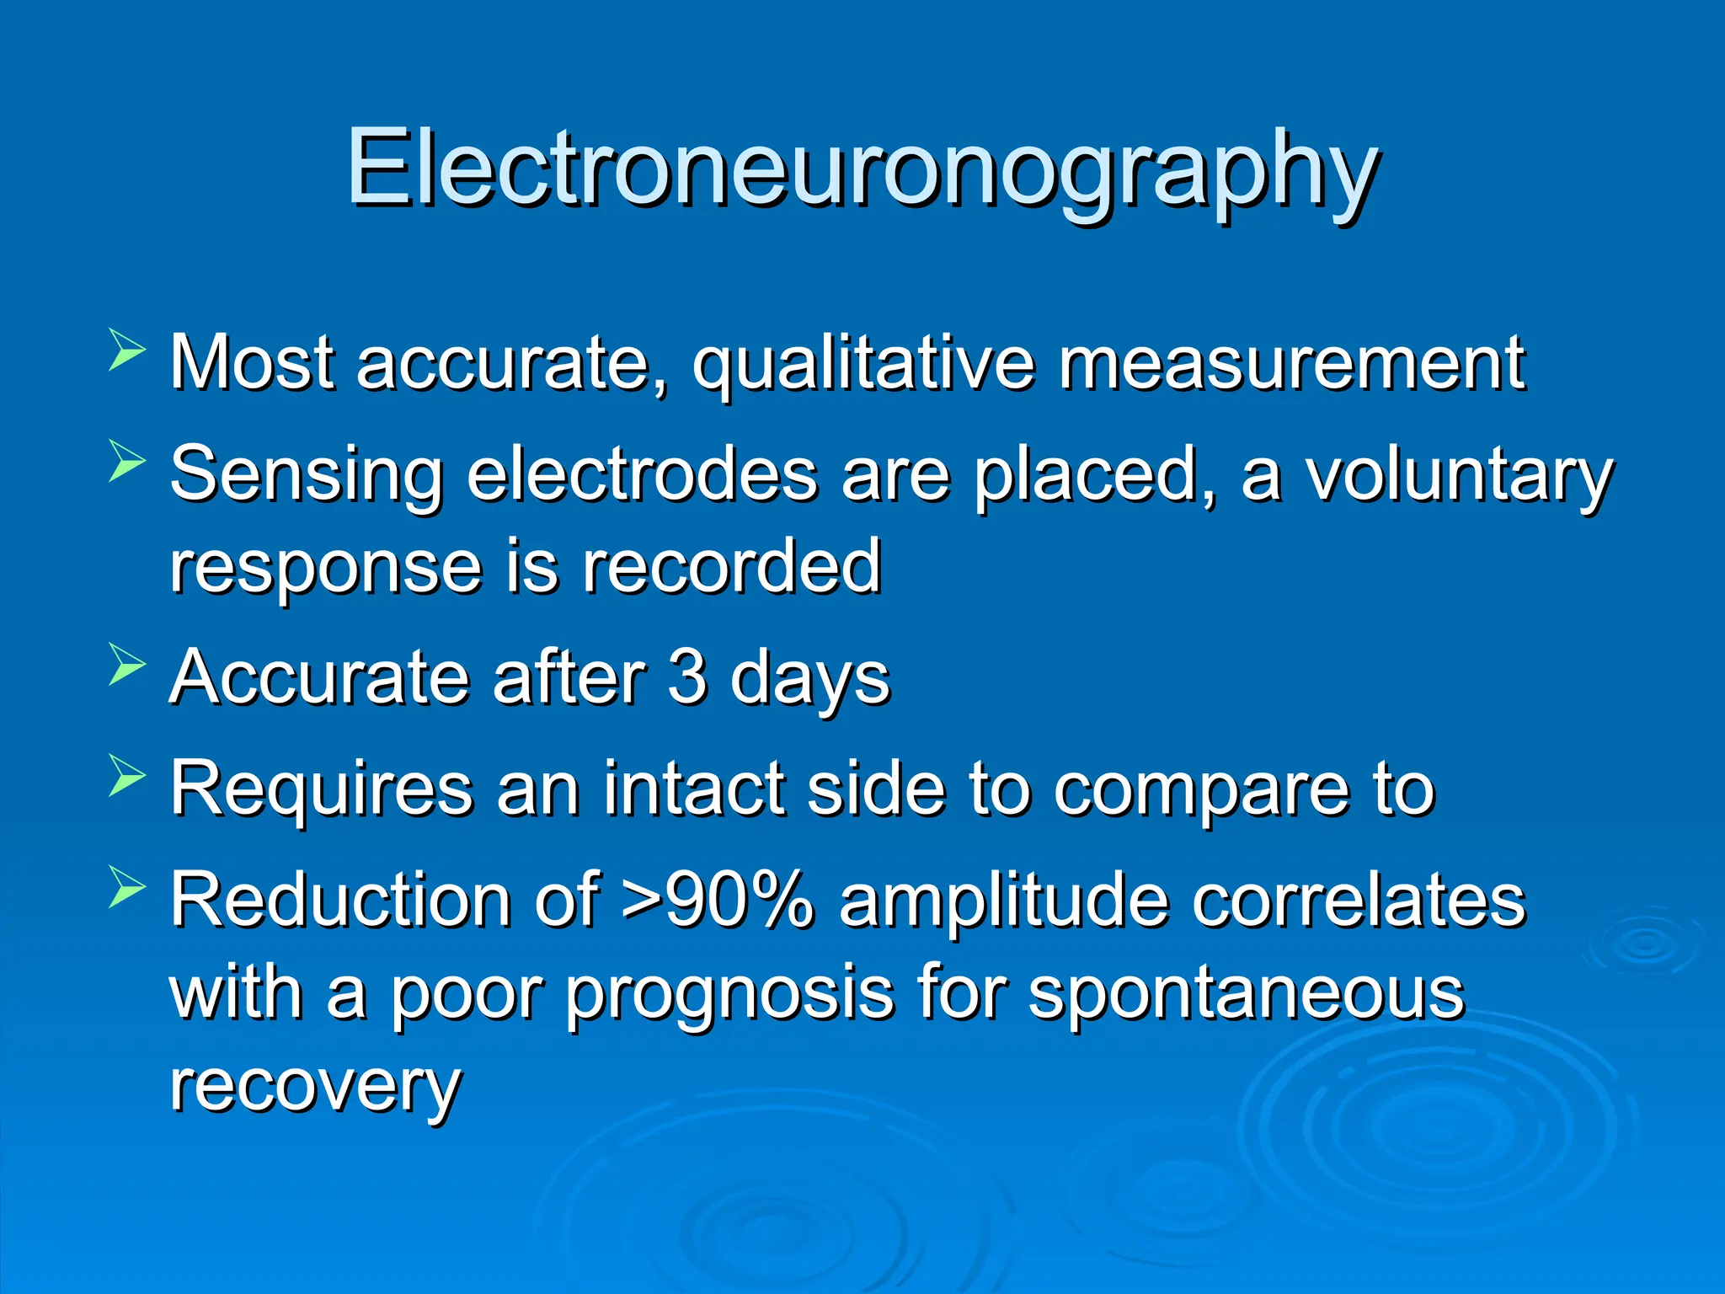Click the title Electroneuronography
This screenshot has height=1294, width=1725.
coord(862,168)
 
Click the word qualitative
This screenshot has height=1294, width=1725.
coord(863,364)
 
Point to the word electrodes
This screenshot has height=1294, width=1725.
coord(642,473)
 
